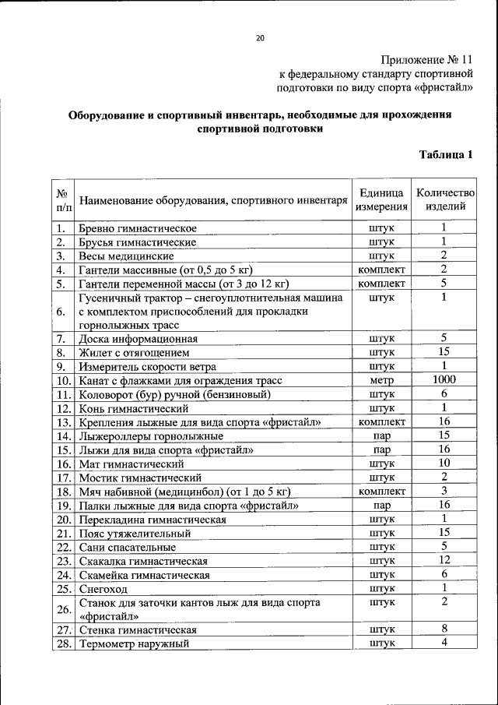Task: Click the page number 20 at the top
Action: point(260,38)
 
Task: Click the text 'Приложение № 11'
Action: point(426,60)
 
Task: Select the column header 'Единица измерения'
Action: point(381,199)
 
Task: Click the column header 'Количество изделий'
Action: point(444,199)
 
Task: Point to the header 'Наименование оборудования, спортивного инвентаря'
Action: point(212,200)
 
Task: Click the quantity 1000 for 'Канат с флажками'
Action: point(444,380)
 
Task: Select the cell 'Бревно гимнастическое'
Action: point(137,228)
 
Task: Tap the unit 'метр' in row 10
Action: point(381,381)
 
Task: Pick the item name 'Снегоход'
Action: point(103,589)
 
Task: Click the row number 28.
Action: point(64,644)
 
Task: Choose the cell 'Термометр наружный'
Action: point(133,644)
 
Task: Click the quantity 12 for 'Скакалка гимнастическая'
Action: point(444,560)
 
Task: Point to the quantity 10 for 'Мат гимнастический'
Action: point(444,464)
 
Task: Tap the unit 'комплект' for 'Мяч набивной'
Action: point(381,492)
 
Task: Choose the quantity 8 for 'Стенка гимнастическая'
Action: point(444,629)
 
